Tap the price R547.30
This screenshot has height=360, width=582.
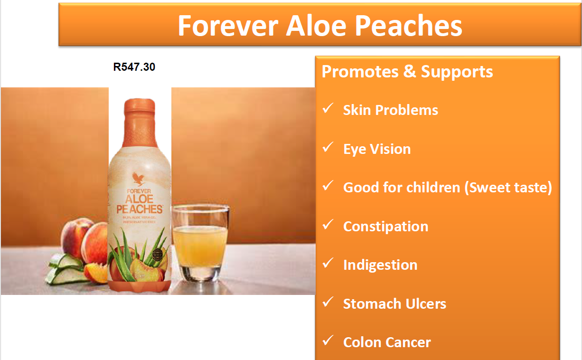point(134,67)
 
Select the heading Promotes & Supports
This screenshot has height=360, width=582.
point(407,72)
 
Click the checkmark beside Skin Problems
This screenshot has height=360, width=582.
point(328,109)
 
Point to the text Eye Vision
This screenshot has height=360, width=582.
point(377,149)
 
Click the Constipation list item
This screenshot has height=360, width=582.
point(385,227)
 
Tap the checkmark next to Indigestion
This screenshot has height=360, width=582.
point(328,264)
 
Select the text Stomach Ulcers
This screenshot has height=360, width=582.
point(394,304)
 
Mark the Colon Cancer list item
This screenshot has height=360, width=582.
point(387,342)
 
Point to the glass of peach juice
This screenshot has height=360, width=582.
point(200,242)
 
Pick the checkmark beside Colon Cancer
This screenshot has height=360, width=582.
point(328,341)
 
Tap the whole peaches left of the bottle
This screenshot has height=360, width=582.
point(85,240)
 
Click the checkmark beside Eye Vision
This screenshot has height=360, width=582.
point(328,148)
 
